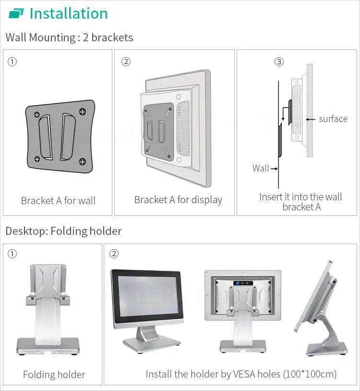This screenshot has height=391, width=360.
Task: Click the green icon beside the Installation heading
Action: click(16, 13)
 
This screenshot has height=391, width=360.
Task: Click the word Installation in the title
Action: click(69, 13)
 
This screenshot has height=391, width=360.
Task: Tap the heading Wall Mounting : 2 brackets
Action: click(69, 37)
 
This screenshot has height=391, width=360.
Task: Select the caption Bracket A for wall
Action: click(58, 201)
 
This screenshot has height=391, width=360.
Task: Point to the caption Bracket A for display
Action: click(178, 200)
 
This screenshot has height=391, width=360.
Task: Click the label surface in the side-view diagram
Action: click(333, 119)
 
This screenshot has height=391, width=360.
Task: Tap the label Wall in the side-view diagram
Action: click(261, 168)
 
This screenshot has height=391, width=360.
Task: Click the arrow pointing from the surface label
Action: click(311, 119)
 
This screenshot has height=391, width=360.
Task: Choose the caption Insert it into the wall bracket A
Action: click(301, 202)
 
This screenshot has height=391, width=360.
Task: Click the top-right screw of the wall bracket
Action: click(82, 112)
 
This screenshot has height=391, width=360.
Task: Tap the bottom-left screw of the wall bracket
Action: click(37, 159)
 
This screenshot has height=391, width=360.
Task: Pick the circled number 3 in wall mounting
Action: click(279, 61)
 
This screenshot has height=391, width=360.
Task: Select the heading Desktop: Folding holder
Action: click(63, 231)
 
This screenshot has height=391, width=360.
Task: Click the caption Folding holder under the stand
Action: click(54, 375)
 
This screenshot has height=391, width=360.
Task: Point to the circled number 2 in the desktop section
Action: click(114, 254)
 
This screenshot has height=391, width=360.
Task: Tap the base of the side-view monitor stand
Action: click(327, 349)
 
